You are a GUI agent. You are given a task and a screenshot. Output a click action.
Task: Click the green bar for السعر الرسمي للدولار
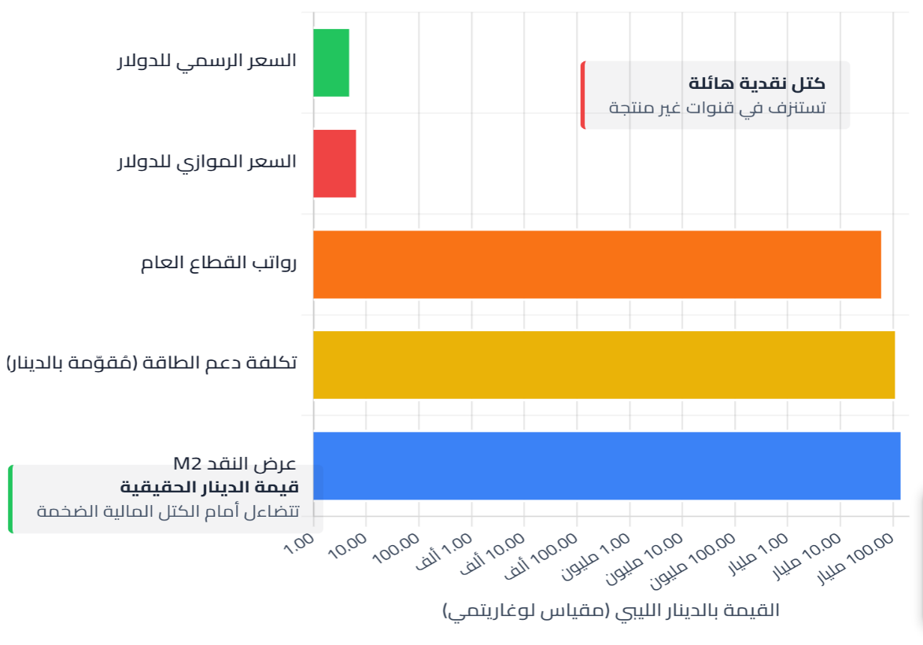click(331, 63)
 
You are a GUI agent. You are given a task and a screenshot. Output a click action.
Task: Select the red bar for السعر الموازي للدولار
click(334, 164)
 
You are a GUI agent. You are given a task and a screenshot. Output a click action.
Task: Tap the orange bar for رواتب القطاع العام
click(596, 264)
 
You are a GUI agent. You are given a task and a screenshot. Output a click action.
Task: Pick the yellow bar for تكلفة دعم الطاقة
click(604, 365)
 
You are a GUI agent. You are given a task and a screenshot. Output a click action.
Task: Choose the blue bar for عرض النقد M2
click(606, 466)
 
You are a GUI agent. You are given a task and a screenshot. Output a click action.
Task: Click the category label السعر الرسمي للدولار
click(207, 61)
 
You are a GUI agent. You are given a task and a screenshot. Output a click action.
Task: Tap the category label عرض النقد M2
click(234, 462)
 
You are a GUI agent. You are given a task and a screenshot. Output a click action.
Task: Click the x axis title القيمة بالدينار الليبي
click(611, 610)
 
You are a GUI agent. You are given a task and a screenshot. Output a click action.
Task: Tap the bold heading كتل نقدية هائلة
click(757, 83)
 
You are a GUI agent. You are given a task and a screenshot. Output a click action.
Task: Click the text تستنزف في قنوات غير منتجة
click(717, 108)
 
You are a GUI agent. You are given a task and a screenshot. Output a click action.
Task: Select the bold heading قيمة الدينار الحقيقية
click(209, 487)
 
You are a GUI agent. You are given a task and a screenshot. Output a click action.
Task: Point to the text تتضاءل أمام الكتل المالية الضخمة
click(168, 511)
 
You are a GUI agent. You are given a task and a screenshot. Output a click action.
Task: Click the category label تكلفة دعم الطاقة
click(152, 363)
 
